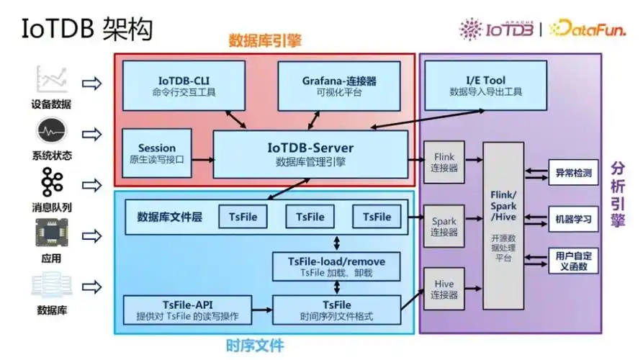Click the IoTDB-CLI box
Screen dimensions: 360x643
point(184,86)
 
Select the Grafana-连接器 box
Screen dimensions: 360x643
point(339,86)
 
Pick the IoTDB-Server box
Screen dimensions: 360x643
point(310,153)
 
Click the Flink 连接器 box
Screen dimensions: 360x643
point(444,161)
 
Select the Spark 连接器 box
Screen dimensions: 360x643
point(444,226)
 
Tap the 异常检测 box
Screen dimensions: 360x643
point(573,174)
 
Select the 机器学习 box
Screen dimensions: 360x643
point(573,219)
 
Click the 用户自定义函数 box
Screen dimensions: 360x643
point(573,261)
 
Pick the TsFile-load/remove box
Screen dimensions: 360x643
point(336,266)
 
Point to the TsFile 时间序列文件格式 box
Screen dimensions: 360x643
point(336,310)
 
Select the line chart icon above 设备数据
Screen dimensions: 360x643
point(51,78)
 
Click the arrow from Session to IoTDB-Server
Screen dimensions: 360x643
point(204,159)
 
